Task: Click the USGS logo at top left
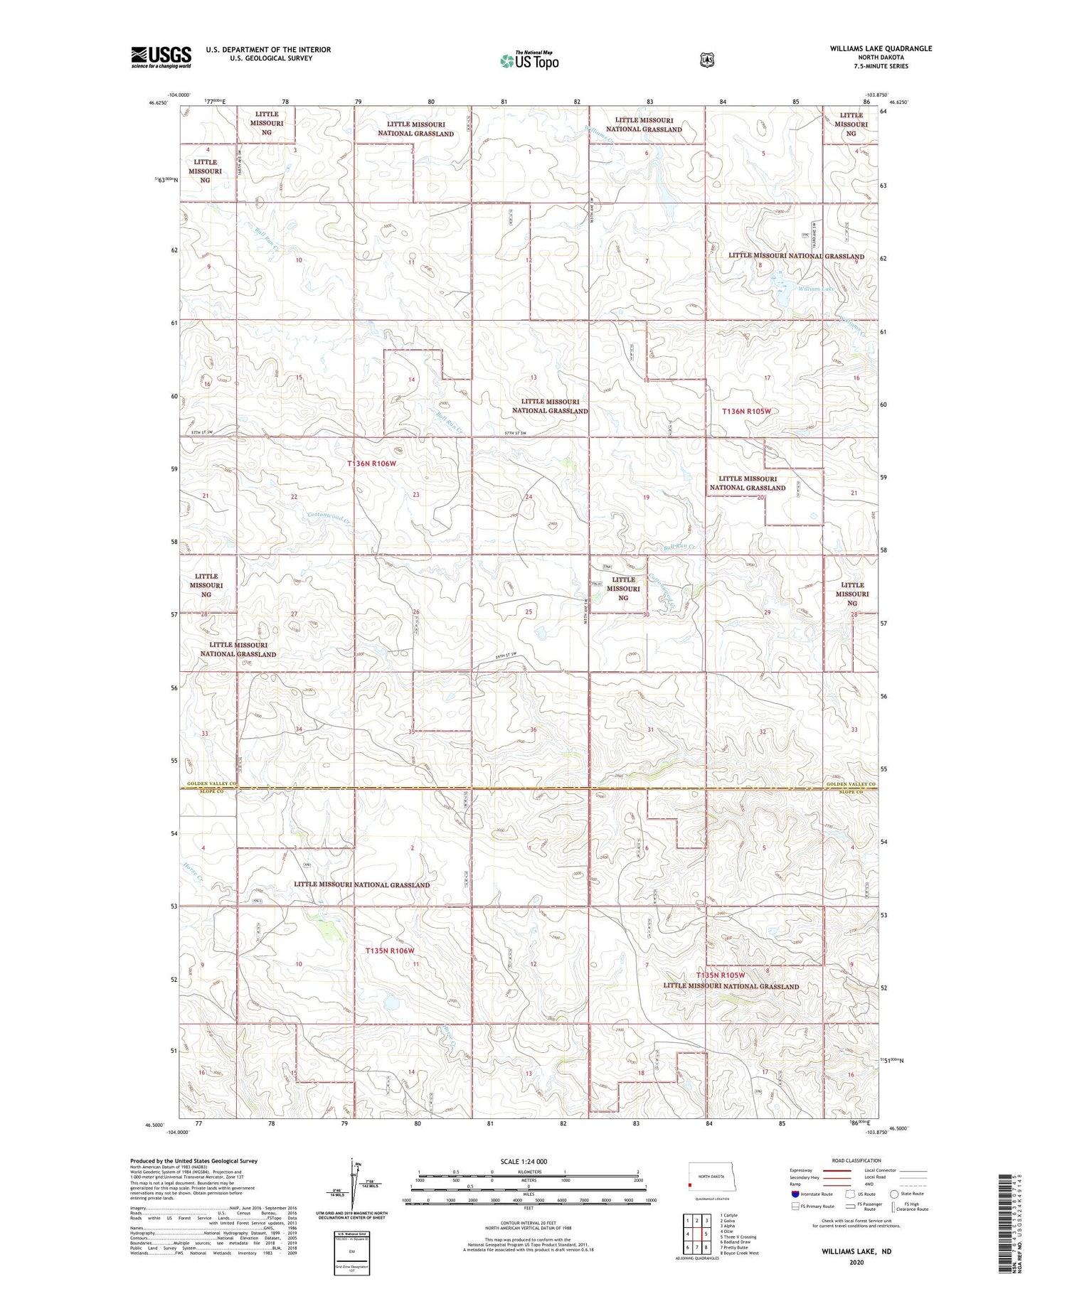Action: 161,57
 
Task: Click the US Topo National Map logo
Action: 529,60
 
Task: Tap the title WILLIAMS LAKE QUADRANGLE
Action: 880,48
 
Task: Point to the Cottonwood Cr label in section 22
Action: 329,518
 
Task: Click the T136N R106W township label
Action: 371,464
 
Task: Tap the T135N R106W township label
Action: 389,951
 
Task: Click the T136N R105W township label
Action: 746,411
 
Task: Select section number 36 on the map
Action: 533,730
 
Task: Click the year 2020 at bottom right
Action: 856,1263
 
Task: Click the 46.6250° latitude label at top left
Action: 159,102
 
